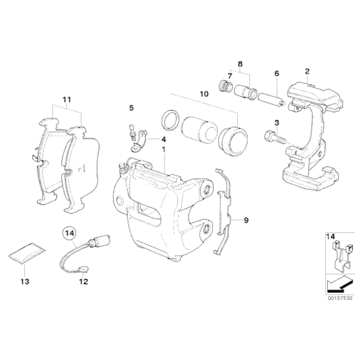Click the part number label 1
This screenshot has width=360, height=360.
pyautogui.click(x=164, y=150)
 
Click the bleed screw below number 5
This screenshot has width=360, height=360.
pyautogui.click(x=133, y=132)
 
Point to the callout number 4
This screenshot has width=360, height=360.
pyautogui.click(x=163, y=140)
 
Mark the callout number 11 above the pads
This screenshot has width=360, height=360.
pyautogui.click(x=67, y=99)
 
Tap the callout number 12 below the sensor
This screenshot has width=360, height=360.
pyautogui.click(x=84, y=281)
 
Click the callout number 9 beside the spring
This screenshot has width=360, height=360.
pyautogui.click(x=246, y=220)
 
